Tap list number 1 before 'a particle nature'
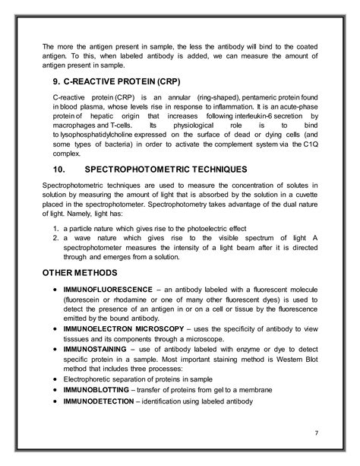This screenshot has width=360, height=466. tap(56, 229)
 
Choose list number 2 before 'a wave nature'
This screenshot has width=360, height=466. tap(56, 239)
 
